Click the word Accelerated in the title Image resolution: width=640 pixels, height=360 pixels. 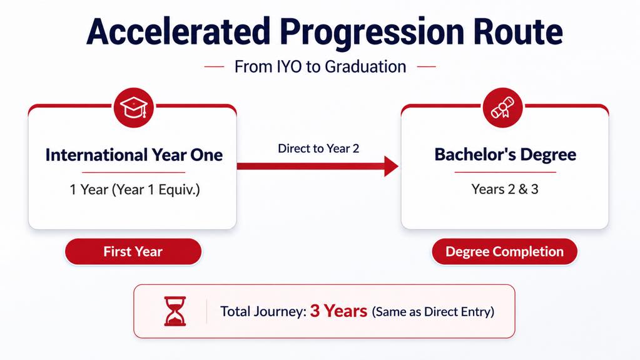178,31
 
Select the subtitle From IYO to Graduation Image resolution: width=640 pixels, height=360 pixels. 320,66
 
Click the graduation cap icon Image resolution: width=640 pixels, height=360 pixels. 133,108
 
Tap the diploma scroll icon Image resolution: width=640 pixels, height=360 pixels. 502,108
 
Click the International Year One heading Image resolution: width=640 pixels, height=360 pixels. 134,155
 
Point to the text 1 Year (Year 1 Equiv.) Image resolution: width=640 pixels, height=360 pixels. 135,190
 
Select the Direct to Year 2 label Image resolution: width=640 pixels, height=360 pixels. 318,148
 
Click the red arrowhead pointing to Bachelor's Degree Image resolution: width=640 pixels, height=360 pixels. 392,167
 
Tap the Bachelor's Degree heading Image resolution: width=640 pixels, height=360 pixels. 505,155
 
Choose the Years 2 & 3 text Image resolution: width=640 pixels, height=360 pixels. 505,189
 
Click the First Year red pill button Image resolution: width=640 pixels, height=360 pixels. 133,251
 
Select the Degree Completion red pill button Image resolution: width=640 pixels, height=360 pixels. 504,251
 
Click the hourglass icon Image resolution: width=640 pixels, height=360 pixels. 175,311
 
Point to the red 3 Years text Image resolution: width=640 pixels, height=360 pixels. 338,311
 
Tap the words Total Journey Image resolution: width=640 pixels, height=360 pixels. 263,311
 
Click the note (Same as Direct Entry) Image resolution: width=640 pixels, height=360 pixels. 433,312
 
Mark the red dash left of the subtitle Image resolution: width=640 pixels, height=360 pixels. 215,66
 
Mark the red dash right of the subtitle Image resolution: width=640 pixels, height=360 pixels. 427,66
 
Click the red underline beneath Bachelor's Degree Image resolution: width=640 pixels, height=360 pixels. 505,172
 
